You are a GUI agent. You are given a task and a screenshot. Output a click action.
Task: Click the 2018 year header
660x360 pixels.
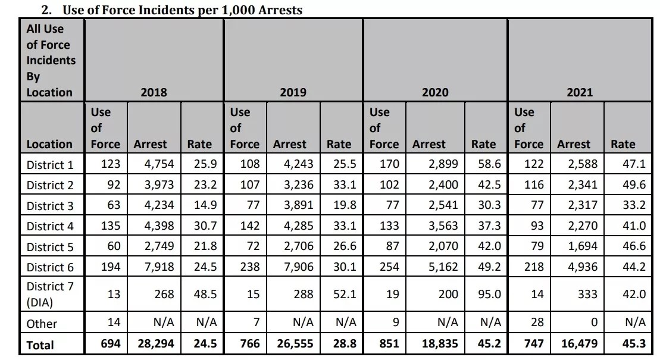coord(154,92)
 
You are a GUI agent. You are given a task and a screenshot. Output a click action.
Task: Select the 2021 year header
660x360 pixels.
coord(580,92)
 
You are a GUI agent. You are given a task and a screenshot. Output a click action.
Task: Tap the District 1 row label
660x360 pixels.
coord(50,164)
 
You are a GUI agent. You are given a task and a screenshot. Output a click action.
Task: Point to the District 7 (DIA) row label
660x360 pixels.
coord(50,294)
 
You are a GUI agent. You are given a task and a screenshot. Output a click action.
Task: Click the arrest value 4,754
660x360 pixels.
coord(151,164)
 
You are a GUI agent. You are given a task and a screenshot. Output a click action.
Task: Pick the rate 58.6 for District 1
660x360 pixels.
coord(483,164)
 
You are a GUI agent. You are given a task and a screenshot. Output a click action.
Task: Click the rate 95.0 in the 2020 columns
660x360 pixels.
coord(483,294)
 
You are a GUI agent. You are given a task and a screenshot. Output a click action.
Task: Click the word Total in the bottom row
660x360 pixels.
coord(40,345)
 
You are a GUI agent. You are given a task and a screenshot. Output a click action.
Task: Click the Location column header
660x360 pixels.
coord(49,144)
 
